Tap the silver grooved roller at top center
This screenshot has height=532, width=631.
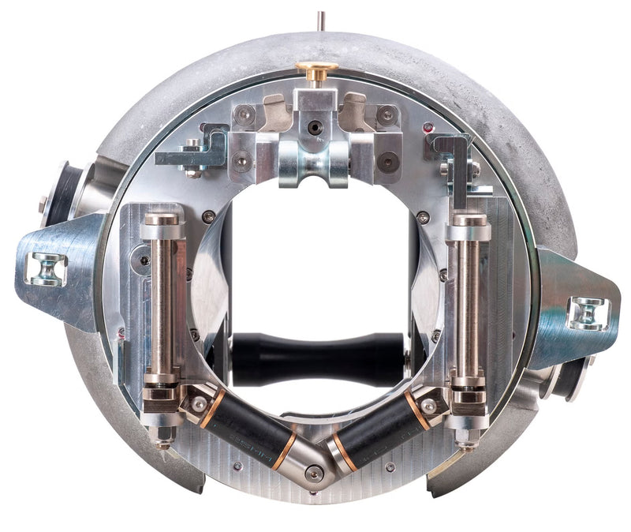coord(315,169)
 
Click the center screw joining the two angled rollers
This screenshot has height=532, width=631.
coord(315,473)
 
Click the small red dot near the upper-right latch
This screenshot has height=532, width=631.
coord(428,126)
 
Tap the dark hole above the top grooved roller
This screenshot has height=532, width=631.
coord(315,126)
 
